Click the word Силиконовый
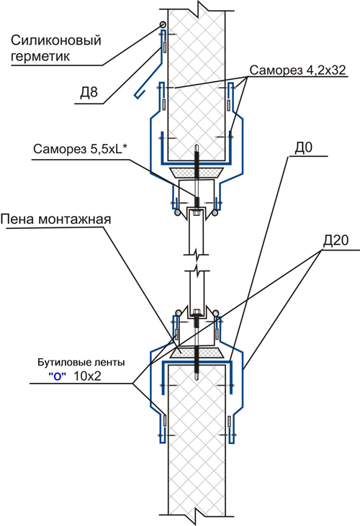(x=56, y=40)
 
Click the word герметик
(x=40, y=56)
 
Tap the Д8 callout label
(x=89, y=93)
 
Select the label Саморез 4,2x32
(x=297, y=70)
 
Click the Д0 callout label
(x=303, y=148)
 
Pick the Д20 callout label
(x=336, y=240)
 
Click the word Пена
(x=18, y=219)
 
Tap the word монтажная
(x=74, y=219)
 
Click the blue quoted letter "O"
(x=57, y=376)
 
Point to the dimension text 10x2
(x=87, y=376)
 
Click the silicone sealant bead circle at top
(x=163, y=24)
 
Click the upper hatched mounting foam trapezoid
(x=197, y=173)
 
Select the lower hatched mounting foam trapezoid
(x=197, y=353)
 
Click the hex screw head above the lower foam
(x=197, y=313)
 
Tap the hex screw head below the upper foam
(x=197, y=212)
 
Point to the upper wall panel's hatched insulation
(x=197, y=84)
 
